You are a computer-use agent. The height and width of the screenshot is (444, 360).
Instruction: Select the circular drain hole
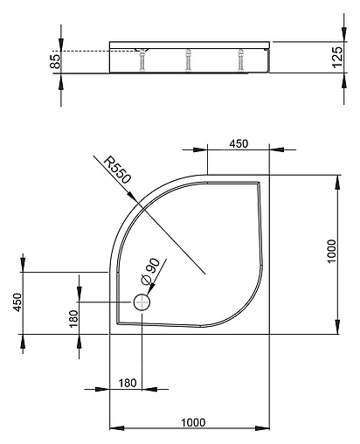(142, 302)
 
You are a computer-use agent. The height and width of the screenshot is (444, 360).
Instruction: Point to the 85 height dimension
(54, 61)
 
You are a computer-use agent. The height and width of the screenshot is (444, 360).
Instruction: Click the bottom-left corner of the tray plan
(109, 334)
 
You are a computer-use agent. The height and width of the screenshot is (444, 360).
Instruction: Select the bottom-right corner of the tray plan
(268, 334)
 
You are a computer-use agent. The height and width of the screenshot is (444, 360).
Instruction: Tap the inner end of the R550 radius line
(204, 274)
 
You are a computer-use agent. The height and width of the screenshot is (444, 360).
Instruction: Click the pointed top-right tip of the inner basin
(258, 184)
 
